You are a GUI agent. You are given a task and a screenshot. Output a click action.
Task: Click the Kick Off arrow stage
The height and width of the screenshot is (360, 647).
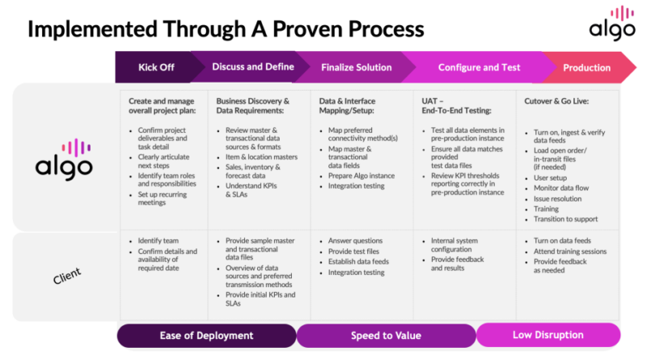[x=155, y=67]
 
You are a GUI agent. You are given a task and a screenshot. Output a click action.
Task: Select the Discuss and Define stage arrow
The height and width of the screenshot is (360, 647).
[x=252, y=67]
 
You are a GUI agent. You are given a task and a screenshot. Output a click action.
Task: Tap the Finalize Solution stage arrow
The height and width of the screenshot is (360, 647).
[x=356, y=67]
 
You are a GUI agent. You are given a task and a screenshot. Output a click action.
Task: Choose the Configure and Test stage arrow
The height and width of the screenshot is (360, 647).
[x=479, y=67]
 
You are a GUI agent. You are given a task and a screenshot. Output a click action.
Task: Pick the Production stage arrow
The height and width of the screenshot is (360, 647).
[x=586, y=67]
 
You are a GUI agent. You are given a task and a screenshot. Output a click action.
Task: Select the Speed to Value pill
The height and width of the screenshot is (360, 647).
[x=385, y=335]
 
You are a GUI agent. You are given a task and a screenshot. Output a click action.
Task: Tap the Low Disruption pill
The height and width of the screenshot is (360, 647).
[x=548, y=335]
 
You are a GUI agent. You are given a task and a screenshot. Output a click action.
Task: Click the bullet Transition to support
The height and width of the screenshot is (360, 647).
[x=567, y=219]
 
